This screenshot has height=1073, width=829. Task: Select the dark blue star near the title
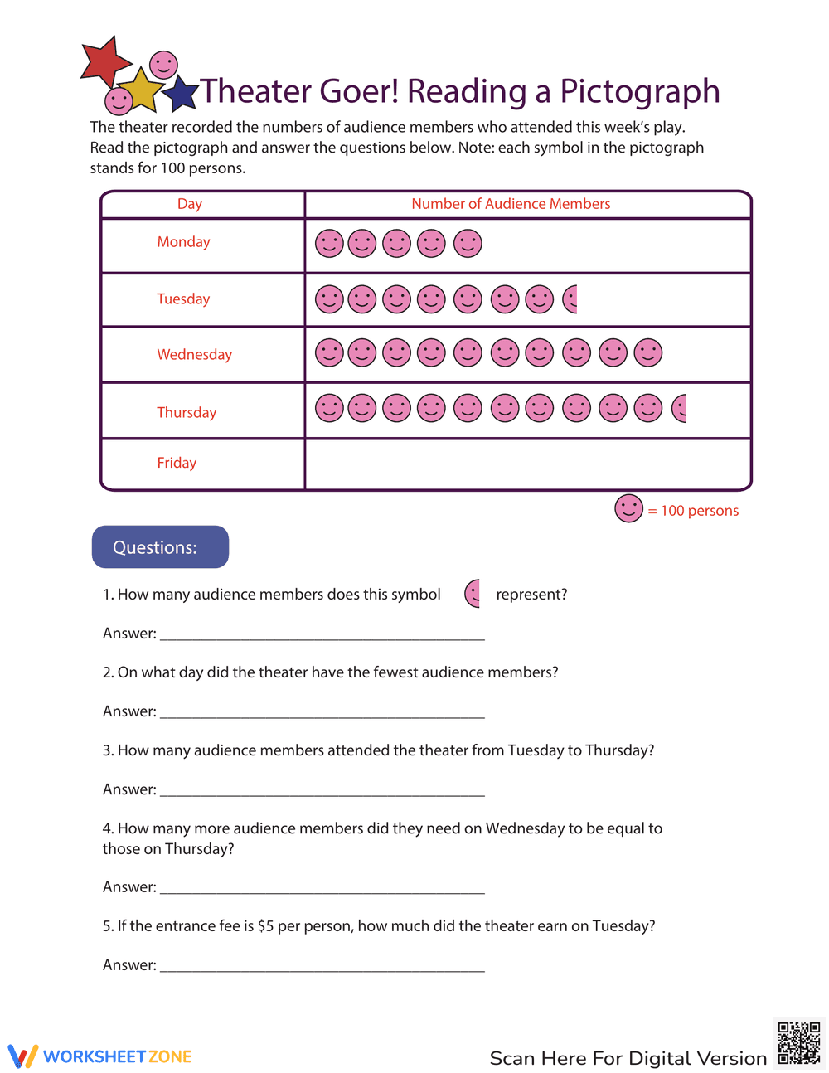point(181,94)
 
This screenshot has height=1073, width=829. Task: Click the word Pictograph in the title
point(639,91)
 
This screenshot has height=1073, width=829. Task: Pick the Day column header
point(189,204)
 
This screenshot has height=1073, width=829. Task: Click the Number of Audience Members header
point(511,204)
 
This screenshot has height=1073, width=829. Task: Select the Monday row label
point(183,242)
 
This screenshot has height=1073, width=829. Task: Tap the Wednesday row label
point(194,355)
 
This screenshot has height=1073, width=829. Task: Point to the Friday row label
point(177,463)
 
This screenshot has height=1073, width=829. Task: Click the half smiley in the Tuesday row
point(570,299)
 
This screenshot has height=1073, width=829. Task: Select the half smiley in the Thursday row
point(680,408)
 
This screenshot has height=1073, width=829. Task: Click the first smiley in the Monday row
point(329,244)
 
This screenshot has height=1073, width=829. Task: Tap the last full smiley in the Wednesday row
point(648,352)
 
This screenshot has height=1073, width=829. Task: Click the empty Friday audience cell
point(527,464)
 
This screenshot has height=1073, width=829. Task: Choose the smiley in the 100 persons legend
point(628,508)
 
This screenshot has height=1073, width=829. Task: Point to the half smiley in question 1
point(473,594)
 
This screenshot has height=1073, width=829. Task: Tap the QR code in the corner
point(798,1043)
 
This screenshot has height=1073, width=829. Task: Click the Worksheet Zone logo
point(100,1056)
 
